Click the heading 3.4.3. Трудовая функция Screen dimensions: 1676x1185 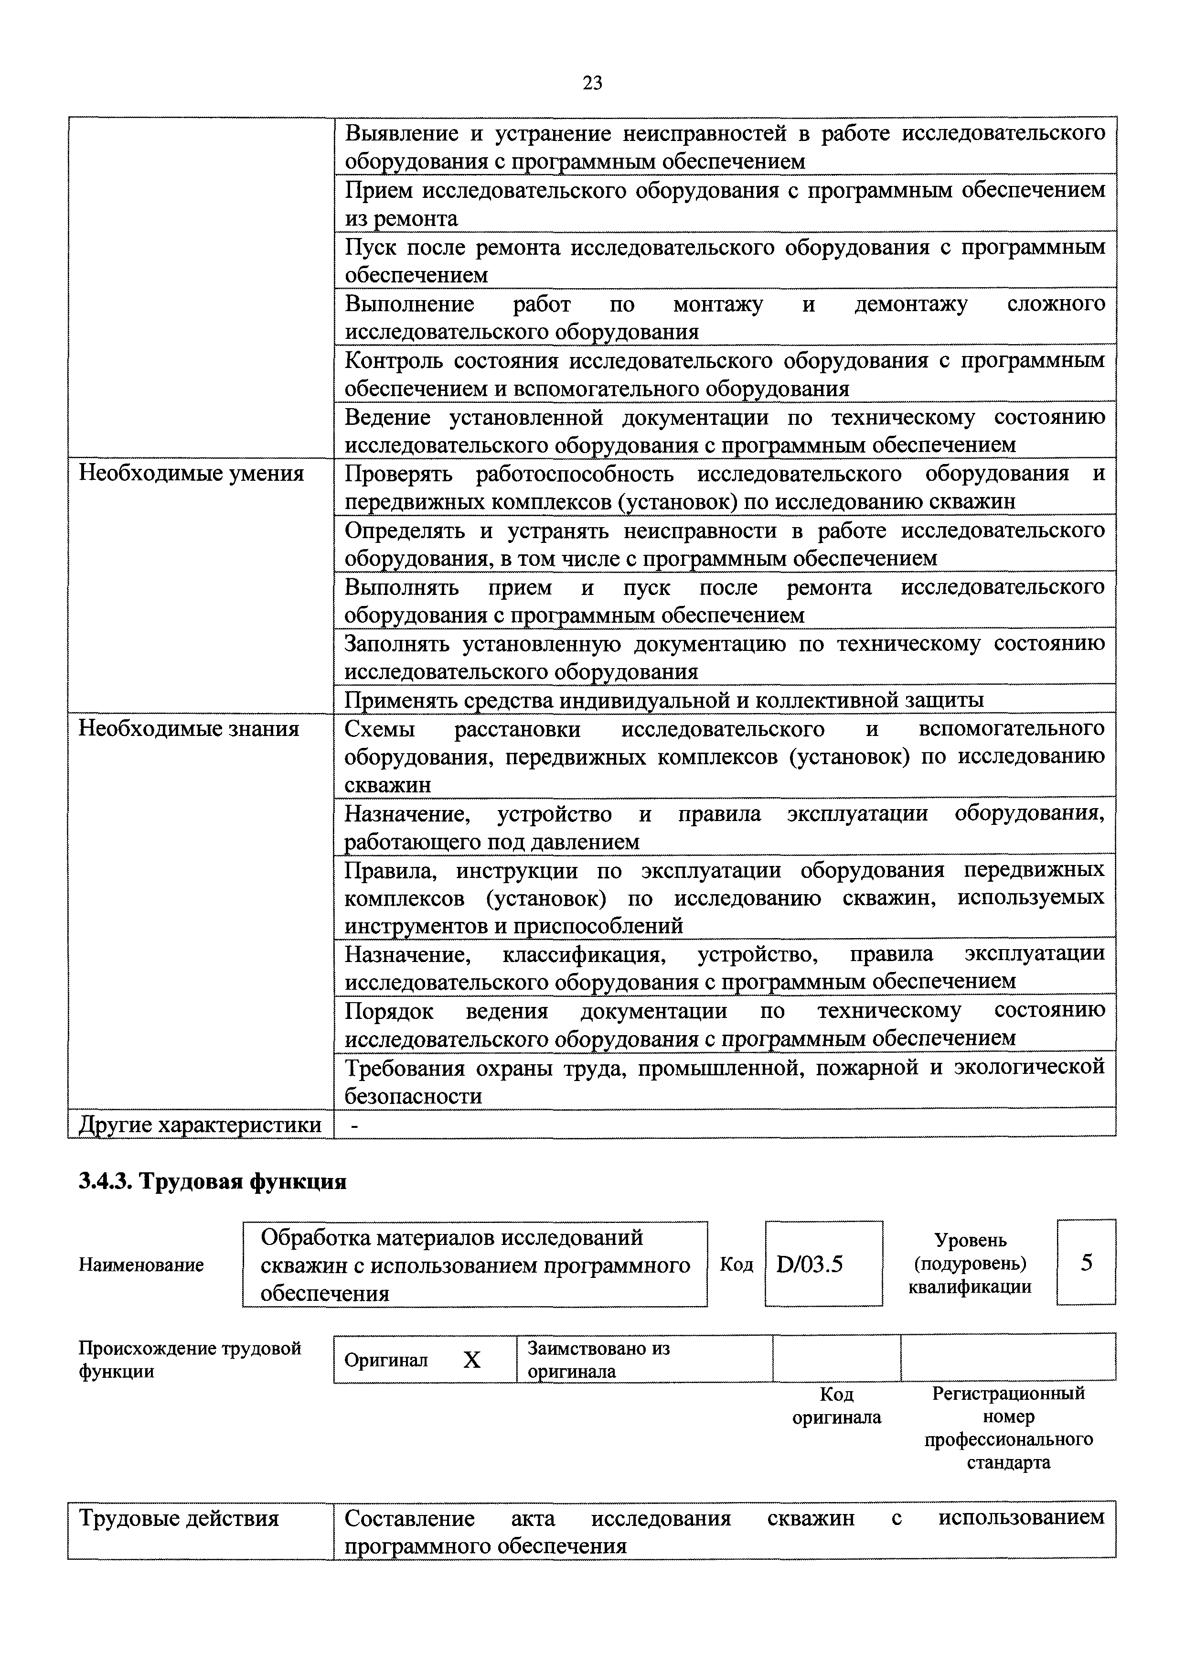click(212, 1181)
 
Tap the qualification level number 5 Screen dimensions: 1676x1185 click(1086, 1263)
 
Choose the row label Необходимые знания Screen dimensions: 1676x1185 click(188, 728)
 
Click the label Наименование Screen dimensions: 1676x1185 click(141, 1265)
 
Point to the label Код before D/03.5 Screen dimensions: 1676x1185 click(736, 1264)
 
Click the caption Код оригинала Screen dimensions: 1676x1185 click(836, 1406)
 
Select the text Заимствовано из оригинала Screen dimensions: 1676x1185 click(598, 1359)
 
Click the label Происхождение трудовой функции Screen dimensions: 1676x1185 click(189, 1359)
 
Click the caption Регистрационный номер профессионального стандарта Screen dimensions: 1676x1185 click(1008, 1428)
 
